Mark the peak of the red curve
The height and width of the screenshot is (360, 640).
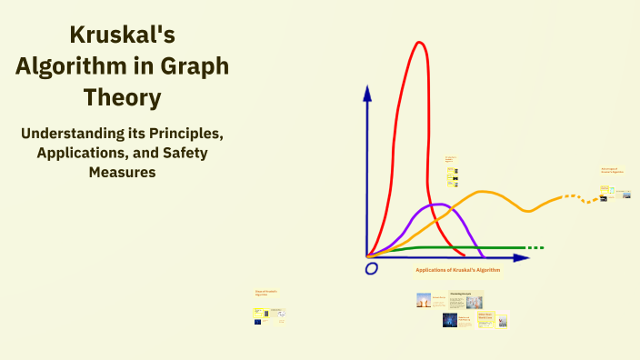[x=419, y=43]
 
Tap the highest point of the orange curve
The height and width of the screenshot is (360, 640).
[x=484, y=192]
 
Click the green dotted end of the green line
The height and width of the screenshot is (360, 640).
[x=535, y=247]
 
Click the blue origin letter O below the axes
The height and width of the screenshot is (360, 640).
[x=371, y=268]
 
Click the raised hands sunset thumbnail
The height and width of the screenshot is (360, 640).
[x=424, y=300]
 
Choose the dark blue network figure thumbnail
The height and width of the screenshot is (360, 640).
[x=449, y=320]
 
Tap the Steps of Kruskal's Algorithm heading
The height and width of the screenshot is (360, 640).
[x=266, y=293]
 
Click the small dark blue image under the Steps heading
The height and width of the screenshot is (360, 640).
[x=259, y=321]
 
